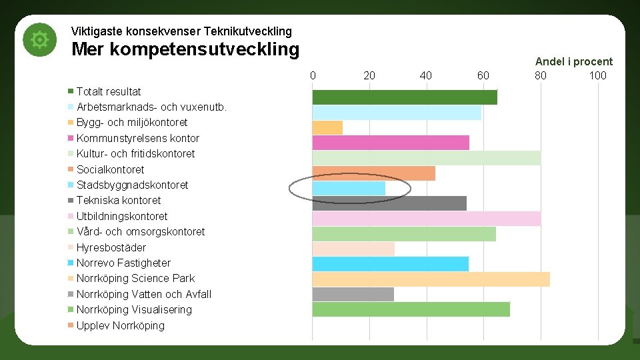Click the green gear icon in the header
coord(40,41)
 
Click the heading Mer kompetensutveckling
coord(185,49)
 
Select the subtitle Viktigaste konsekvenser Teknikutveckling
coord(181,31)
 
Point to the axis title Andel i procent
coord(573,61)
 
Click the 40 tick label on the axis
coord(426,75)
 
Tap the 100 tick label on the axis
coord(597,75)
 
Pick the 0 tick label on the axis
coord(313,75)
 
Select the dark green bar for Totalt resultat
coord(405,97)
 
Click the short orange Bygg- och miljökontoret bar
coord(327,127)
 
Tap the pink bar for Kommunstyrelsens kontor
coord(391,143)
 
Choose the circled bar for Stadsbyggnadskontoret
coord(349,189)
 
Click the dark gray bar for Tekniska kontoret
coord(389,203)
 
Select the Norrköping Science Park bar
coord(431,279)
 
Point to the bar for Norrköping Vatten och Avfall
coord(353,294)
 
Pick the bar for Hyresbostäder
coord(353,249)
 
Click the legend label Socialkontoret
coord(110,169)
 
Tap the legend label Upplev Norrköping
coord(120,325)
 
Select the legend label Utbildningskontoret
coord(122,216)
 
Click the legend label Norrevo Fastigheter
coord(123,263)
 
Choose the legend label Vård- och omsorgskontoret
coord(141,231)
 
